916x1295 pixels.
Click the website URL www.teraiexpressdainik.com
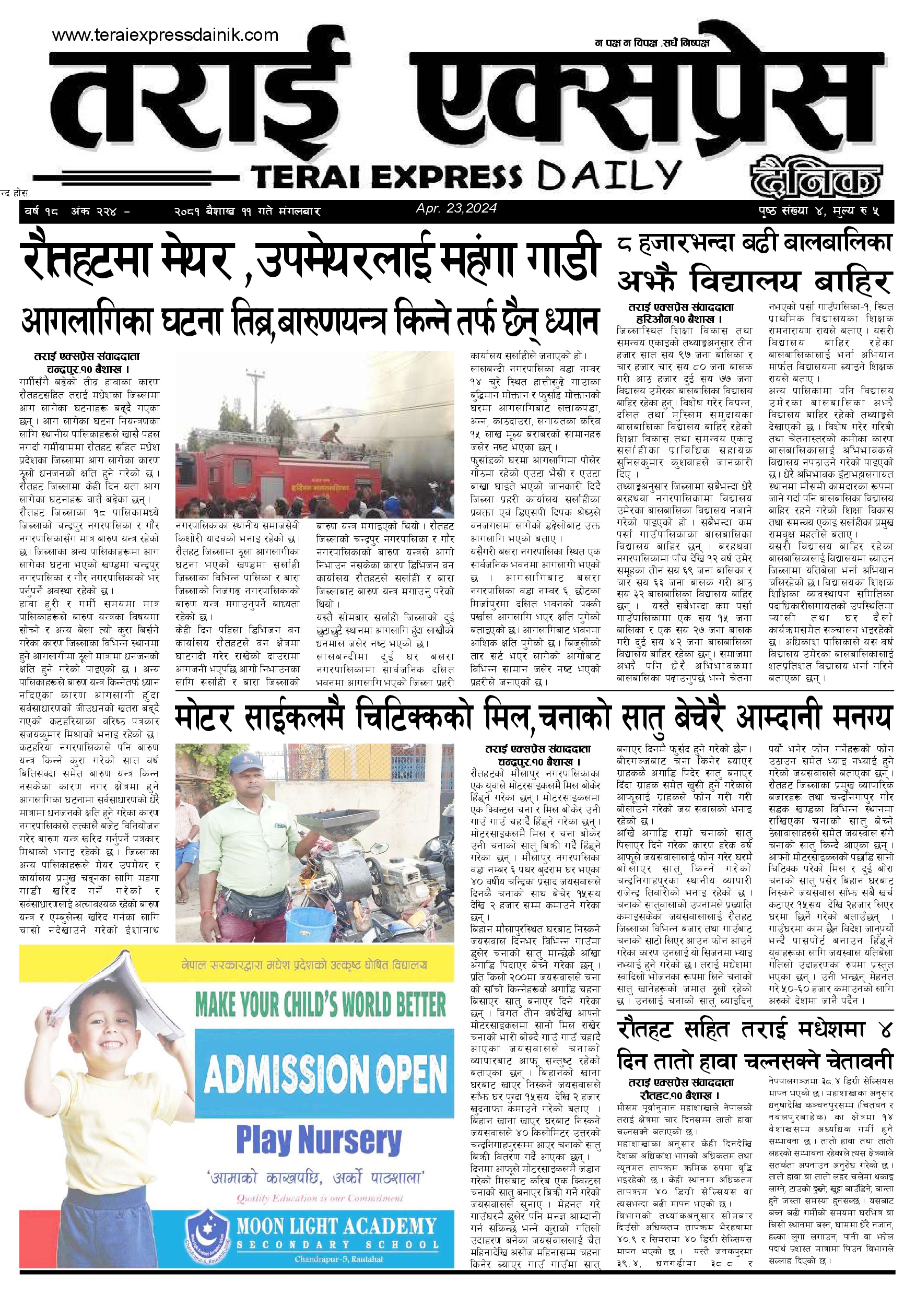tap(165, 35)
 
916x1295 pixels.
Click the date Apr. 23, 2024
tap(456, 208)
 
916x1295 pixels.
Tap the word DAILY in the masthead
tap(609, 175)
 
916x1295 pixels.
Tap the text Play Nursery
tap(319, 1140)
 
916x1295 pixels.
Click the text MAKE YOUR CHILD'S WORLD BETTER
tap(320, 1004)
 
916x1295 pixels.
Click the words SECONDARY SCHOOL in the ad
tap(337, 1245)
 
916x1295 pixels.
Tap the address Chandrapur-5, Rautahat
tap(338, 1259)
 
